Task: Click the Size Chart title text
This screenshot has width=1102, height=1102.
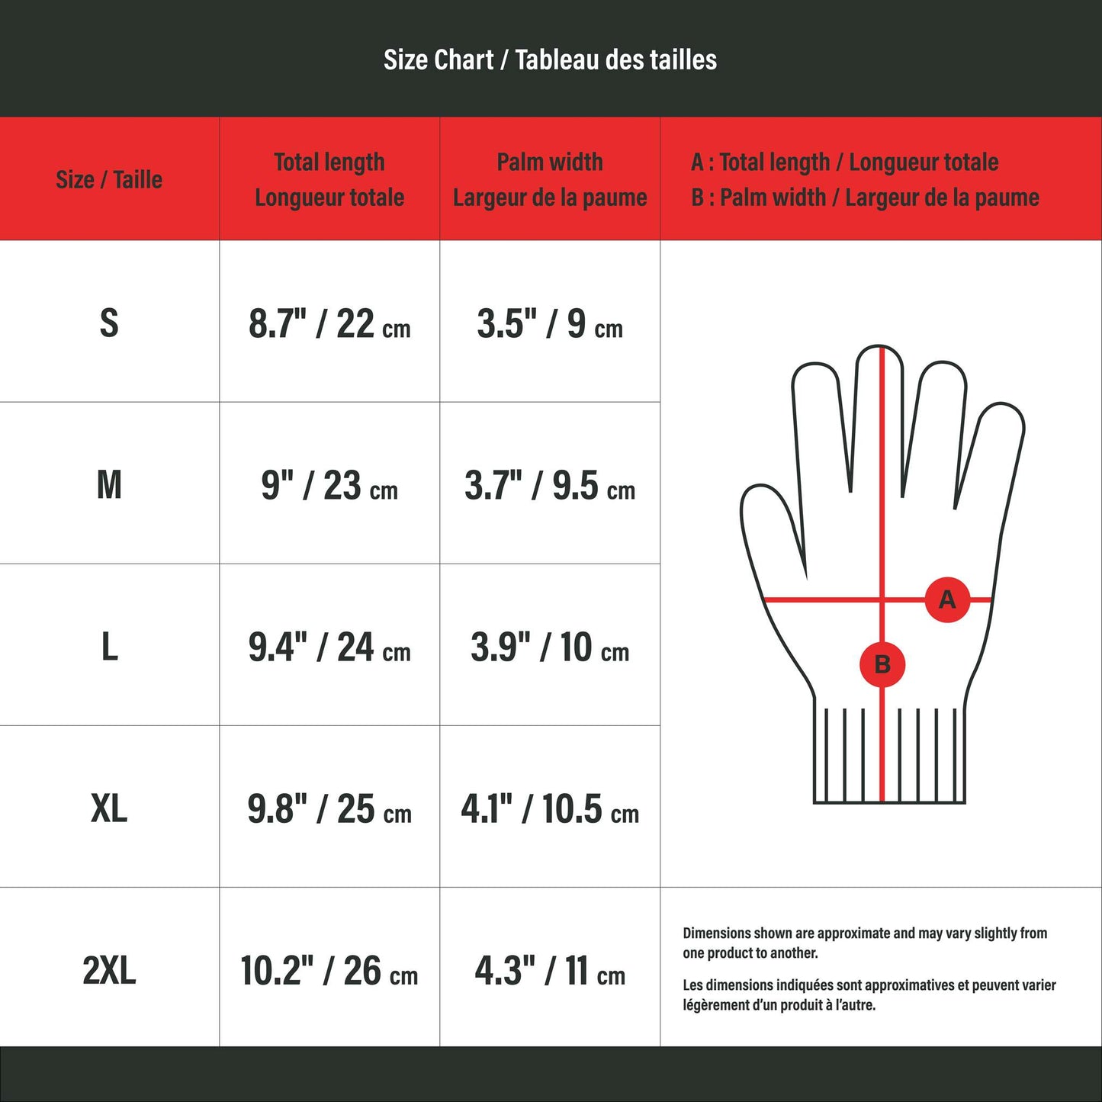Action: [550, 59]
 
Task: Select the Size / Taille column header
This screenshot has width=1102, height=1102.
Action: [109, 180]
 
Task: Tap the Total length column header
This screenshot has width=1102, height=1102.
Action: [329, 180]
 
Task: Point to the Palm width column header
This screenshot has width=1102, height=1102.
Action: [550, 180]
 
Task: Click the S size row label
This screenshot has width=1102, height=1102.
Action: [109, 323]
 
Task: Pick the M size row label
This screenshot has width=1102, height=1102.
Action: [109, 485]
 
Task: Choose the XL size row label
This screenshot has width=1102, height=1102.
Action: [109, 808]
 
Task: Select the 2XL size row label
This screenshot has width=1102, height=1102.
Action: [109, 970]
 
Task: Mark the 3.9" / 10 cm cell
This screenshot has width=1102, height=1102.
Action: [550, 647]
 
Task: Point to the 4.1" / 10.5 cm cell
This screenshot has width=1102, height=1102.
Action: [550, 809]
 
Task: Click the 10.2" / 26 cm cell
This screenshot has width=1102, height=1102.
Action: [329, 971]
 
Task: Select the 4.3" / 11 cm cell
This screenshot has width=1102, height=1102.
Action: [550, 971]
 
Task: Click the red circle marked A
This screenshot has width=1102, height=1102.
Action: [947, 599]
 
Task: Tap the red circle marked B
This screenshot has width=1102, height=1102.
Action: [882, 664]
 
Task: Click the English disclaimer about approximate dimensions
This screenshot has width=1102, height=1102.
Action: [865, 943]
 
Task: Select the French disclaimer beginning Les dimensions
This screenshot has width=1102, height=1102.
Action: [869, 994]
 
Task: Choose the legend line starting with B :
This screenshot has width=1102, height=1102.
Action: [865, 198]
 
